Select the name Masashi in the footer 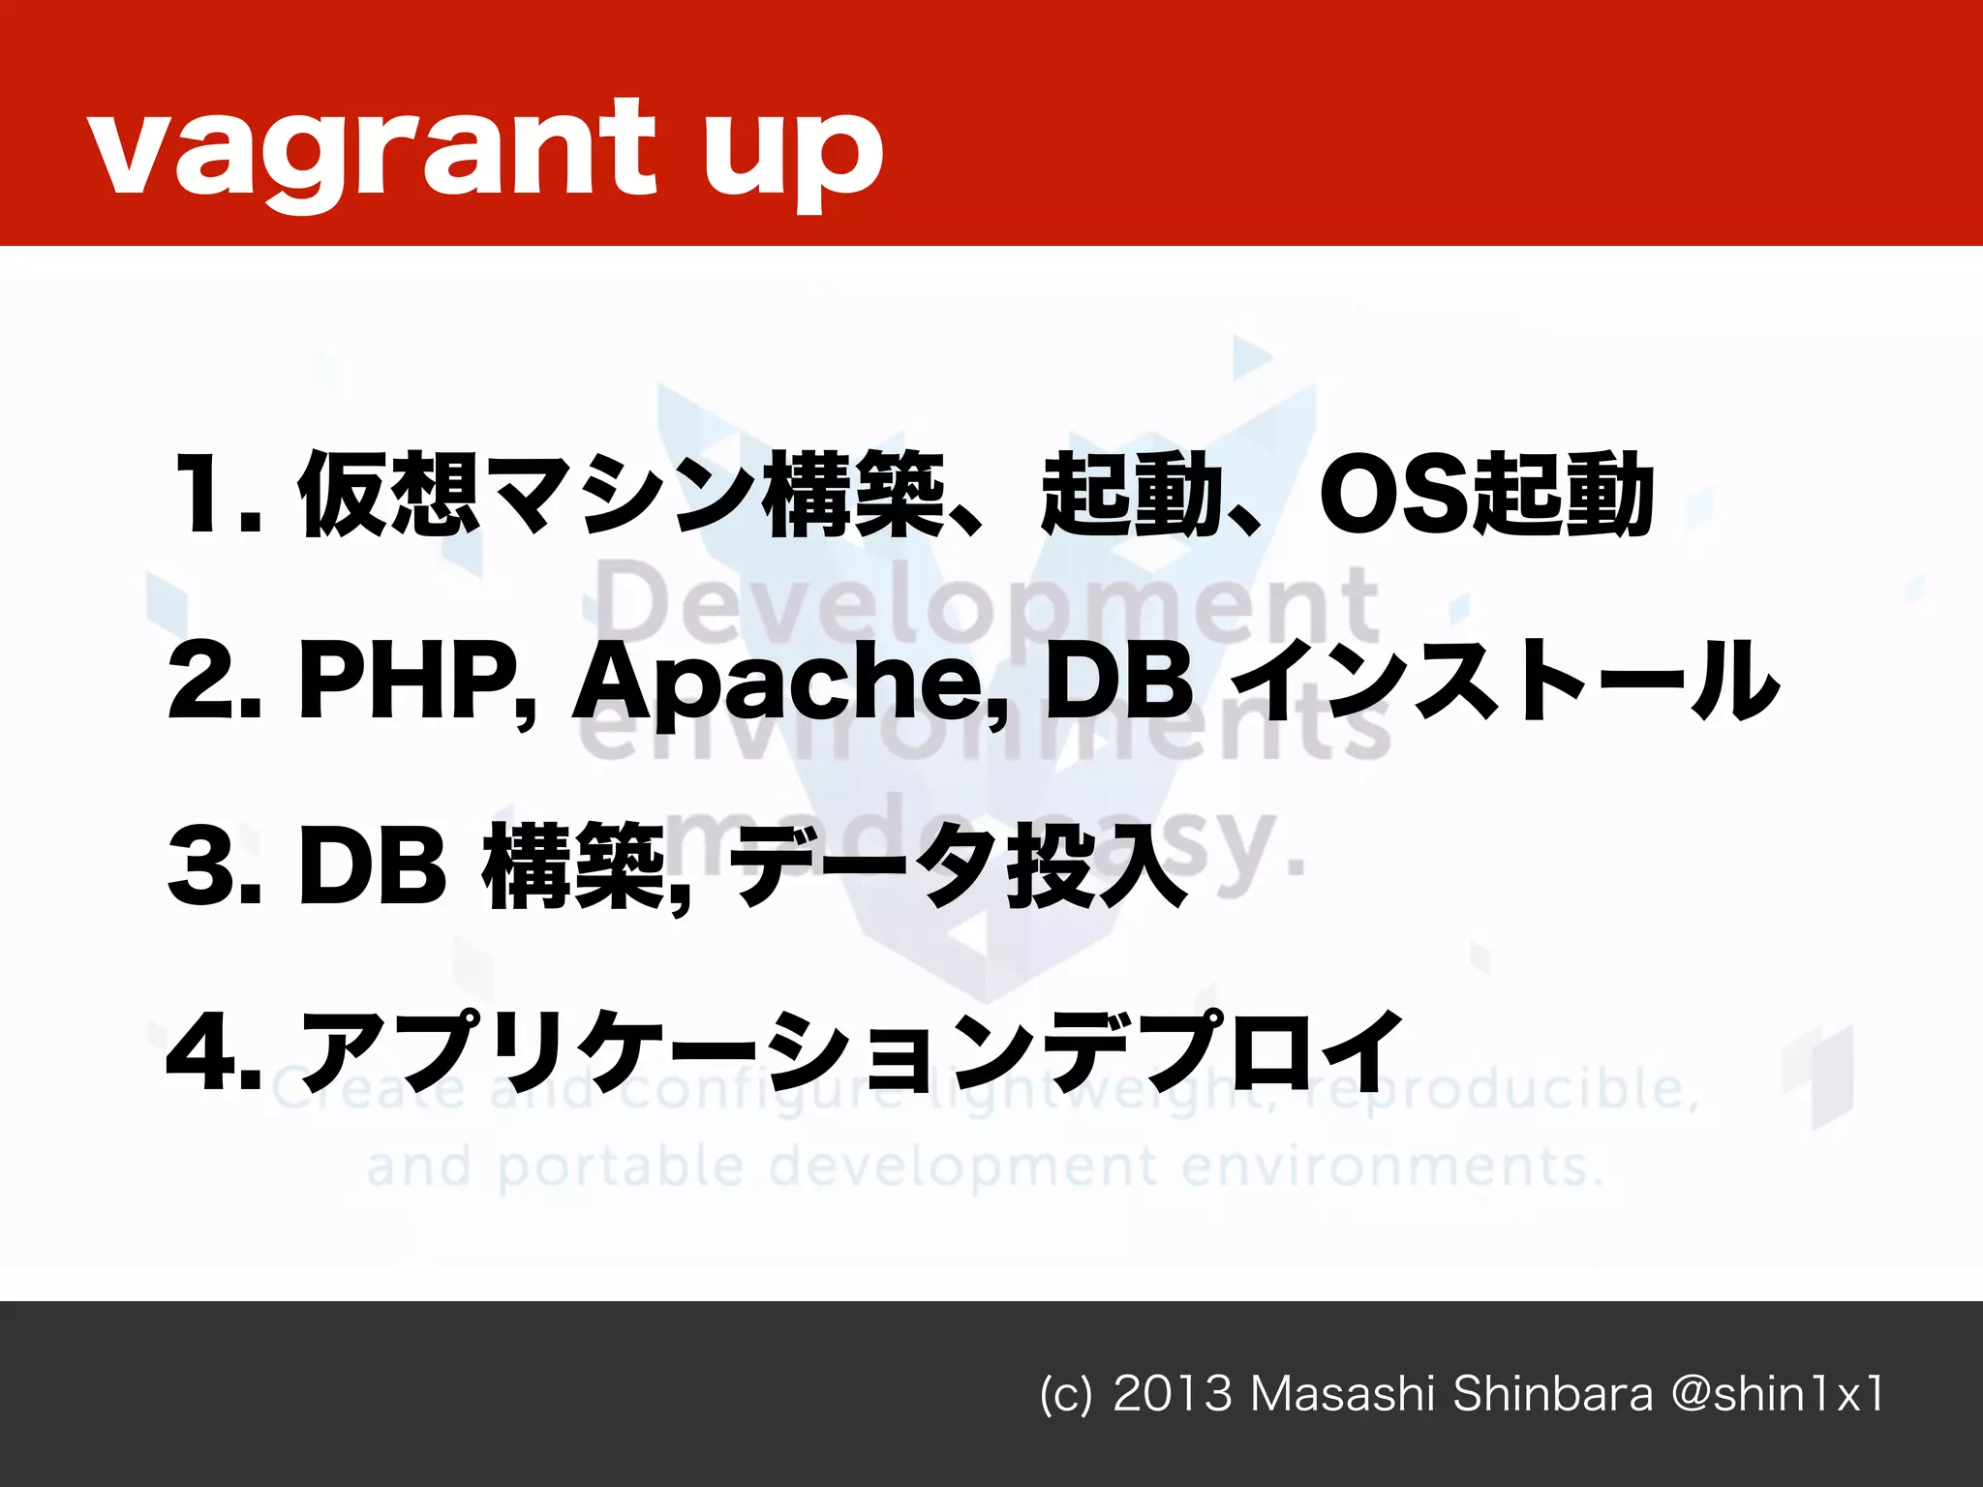pos(1341,1394)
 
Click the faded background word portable pos(620,1168)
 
